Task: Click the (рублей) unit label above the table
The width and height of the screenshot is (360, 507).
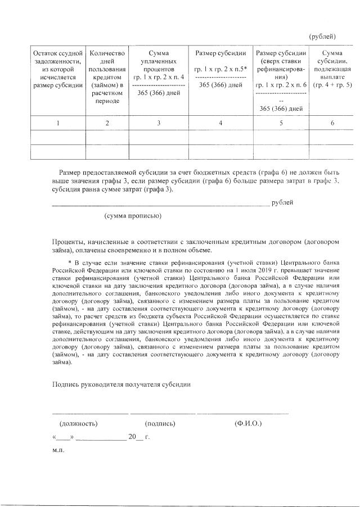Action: point(323,37)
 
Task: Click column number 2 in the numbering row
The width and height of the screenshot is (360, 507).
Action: point(107,124)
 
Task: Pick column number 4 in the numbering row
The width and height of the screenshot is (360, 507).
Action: point(220,124)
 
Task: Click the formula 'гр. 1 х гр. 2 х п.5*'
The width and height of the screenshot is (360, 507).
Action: point(220,69)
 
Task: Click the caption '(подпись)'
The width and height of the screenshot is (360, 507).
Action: point(160,423)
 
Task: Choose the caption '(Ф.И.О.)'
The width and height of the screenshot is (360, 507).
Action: point(248,423)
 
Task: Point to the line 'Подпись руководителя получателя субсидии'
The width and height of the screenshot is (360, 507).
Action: point(121,385)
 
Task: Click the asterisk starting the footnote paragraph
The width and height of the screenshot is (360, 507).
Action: point(70,262)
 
